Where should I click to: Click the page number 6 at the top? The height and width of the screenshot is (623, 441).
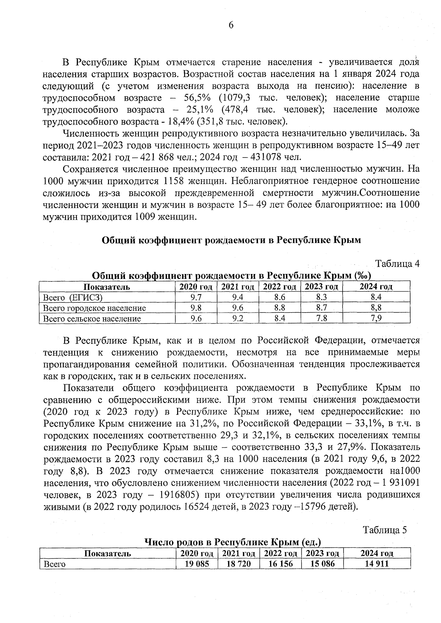[x=231, y=25]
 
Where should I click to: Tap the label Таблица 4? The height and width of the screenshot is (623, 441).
[x=397, y=264]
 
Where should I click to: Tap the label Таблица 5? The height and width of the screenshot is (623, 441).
[x=385, y=530]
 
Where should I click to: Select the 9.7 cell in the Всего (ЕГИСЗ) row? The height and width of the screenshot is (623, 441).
[x=196, y=298]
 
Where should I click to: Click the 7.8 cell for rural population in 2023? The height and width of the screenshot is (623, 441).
[x=322, y=318]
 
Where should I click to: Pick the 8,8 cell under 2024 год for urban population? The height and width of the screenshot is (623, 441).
[x=376, y=308]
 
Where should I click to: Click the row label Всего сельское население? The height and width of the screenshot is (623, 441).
[x=92, y=318]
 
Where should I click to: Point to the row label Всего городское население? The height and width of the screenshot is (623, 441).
[x=94, y=308]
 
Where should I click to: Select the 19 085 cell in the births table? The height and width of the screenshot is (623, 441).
[x=197, y=564]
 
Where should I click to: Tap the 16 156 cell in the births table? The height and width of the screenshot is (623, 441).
[x=281, y=564]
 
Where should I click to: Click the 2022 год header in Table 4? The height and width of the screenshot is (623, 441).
[x=280, y=287]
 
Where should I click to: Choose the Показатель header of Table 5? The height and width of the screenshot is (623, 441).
[x=108, y=554]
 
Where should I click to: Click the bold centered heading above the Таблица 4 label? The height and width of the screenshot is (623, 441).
[x=231, y=240]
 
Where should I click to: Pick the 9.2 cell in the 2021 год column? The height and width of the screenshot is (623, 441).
[x=238, y=318]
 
